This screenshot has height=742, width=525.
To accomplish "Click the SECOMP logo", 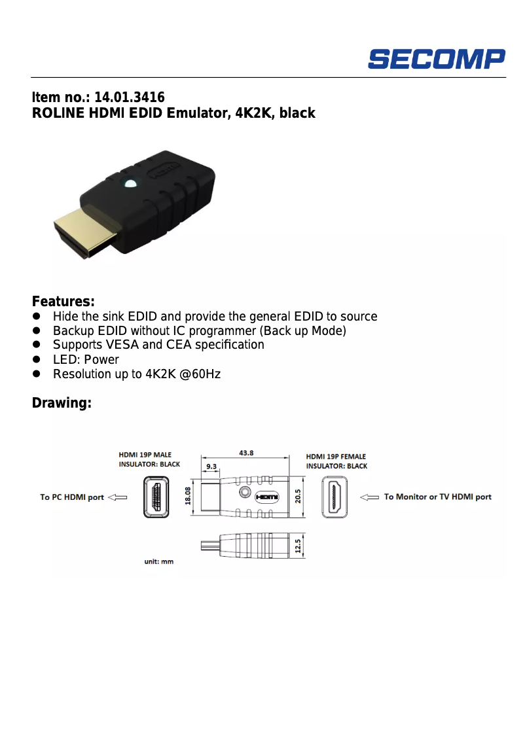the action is click(436, 59).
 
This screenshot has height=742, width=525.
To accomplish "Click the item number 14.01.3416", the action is click(130, 97).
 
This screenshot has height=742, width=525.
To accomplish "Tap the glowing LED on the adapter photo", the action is click(130, 183).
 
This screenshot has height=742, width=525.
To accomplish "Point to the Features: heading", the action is click(63, 302).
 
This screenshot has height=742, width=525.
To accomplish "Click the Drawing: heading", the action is click(62, 403).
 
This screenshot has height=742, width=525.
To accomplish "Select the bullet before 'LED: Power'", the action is click(37, 360).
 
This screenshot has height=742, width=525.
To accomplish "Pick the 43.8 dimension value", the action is click(246, 453).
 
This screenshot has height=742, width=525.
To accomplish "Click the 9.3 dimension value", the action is click(211, 467).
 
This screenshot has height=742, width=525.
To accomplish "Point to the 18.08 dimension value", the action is click(189, 496).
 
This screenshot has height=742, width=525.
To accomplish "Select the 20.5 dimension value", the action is click(299, 497).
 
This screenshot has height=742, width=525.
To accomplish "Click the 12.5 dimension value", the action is click(299, 545).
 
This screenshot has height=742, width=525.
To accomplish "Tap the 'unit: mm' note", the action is click(159, 561).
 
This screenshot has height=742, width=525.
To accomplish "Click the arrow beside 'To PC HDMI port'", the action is click(117, 497).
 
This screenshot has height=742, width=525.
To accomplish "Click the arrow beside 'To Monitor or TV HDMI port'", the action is click(370, 497).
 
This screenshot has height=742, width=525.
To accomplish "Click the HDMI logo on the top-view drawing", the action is click(266, 497).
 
